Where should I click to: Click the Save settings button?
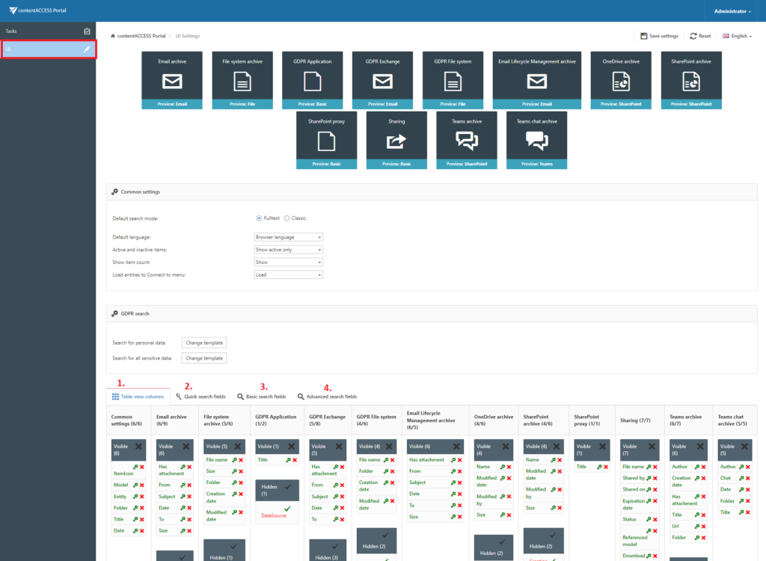pyautogui.click(x=660, y=36)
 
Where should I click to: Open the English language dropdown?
pyautogui.click(x=737, y=36)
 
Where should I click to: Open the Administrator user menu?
pyautogui.click(x=732, y=11)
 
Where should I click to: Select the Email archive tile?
pyautogui.click(x=172, y=80)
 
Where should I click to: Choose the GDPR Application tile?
pyautogui.click(x=313, y=80)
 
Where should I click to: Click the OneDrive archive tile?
pyautogui.click(x=621, y=80)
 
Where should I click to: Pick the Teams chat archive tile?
pyautogui.click(x=536, y=140)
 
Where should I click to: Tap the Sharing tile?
pyautogui.click(x=396, y=140)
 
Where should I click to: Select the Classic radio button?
pyautogui.click(x=287, y=218)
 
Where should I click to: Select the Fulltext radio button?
pyautogui.click(x=259, y=218)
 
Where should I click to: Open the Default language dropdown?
pyautogui.click(x=288, y=237)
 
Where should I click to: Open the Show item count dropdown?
pyautogui.click(x=288, y=263)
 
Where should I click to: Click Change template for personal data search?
pyautogui.click(x=203, y=343)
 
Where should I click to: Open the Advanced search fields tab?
pyautogui.click(x=327, y=396)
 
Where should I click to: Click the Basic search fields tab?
pyautogui.click(x=262, y=396)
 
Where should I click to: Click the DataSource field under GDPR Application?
pyautogui.click(x=274, y=515)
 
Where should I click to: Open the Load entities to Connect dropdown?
pyautogui.click(x=288, y=275)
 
